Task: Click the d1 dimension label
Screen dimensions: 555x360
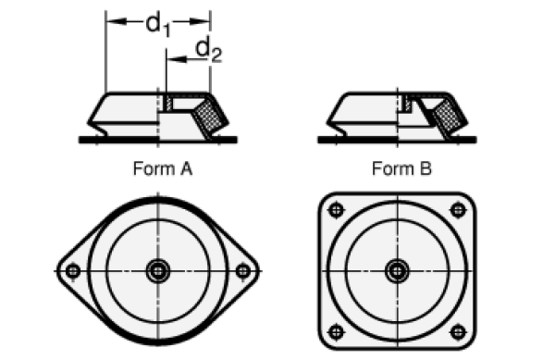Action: pyautogui.click(x=158, y=24)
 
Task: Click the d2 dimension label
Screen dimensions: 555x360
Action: pyautogui.click(x=209, y=50)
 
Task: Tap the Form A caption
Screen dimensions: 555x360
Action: pyautogui.click(x=163, y=168)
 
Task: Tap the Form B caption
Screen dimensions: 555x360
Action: pyautogui.click(x=401, y=168)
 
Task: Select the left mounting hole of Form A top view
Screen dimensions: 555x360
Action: pyautogui.click(x=73, y=271)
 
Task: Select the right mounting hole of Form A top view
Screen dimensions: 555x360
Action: pyautogui.click(x=242, y=271)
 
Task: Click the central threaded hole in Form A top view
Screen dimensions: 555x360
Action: pyautogui.click(x=158, y=271)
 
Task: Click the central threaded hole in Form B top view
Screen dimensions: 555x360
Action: pyautogui.click(x=397, y=271)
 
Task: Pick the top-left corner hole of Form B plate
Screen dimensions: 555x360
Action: pyautogui.click(x=337, y=210)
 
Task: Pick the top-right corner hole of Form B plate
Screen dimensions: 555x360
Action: pyautogui.click(x=458, y=210)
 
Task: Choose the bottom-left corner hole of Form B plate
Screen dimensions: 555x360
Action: pyautogui.click(x=337, y=332)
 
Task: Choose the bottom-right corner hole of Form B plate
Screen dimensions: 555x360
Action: pyautogui.click(x=458, y=332)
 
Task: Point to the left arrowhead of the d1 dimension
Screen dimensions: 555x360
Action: pyautogui.click(x=116, y=21)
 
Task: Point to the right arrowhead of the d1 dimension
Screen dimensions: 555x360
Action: pyautogui.click(x=200, y=21)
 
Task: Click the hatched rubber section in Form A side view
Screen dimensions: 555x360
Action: pyautogui.click(x=211, y=115)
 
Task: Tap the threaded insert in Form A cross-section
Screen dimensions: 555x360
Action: pyautogui.click(x=169, y=103)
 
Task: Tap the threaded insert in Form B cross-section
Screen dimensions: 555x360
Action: pyautogui.click(x=408, y=104)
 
